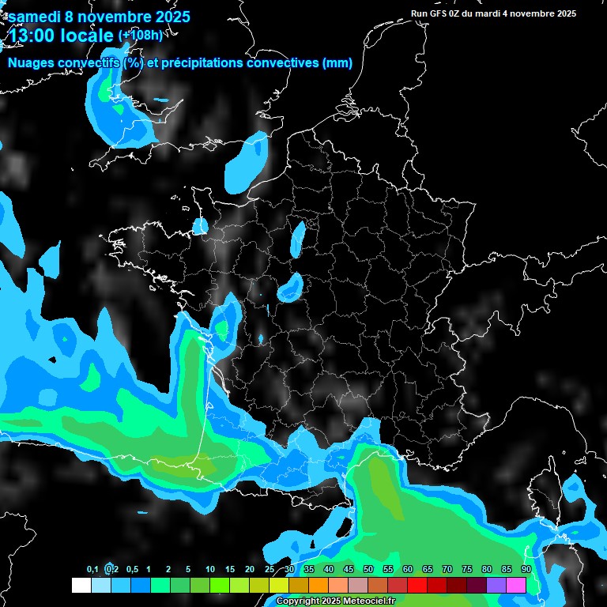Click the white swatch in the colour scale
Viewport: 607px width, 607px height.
pyautogui.click(x=81, y=586)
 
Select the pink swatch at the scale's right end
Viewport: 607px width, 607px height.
pyautogui.click(x=516, y=586)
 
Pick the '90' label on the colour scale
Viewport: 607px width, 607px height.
pyautogui.click(x=526, y=569)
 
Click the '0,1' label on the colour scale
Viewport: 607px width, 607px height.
pyautogui.click(x=92, y=569)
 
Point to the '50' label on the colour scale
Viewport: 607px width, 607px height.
pyautogui.click(x=368, y=569)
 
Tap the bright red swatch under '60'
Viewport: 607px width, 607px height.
pyautogui.click(x=417, y=586)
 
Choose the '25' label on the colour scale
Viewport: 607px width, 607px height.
pyautogui.click(x=270, y=569)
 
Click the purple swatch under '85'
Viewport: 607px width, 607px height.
pyautogui.click(x=496, y=586)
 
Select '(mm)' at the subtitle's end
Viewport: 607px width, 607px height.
pyautogui.click(x=337, y=63)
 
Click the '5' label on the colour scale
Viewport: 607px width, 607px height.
pyautogui.click(x=188, y=569)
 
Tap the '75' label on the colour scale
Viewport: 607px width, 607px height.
pyautogui.click(x=467, y=569)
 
